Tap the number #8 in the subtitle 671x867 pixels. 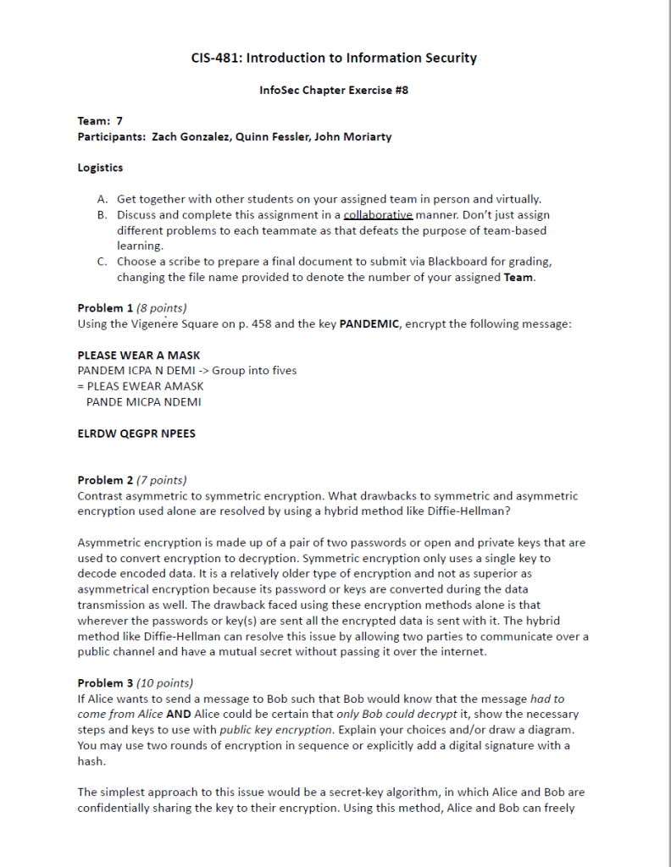tap(402, 90)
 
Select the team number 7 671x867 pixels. tap(120, 121)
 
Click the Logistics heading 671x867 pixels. tap(100, 168)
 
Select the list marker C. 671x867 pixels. tap(103, 262)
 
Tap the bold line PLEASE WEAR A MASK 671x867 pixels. tap(139, 356)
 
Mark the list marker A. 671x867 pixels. tap(103, 199)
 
